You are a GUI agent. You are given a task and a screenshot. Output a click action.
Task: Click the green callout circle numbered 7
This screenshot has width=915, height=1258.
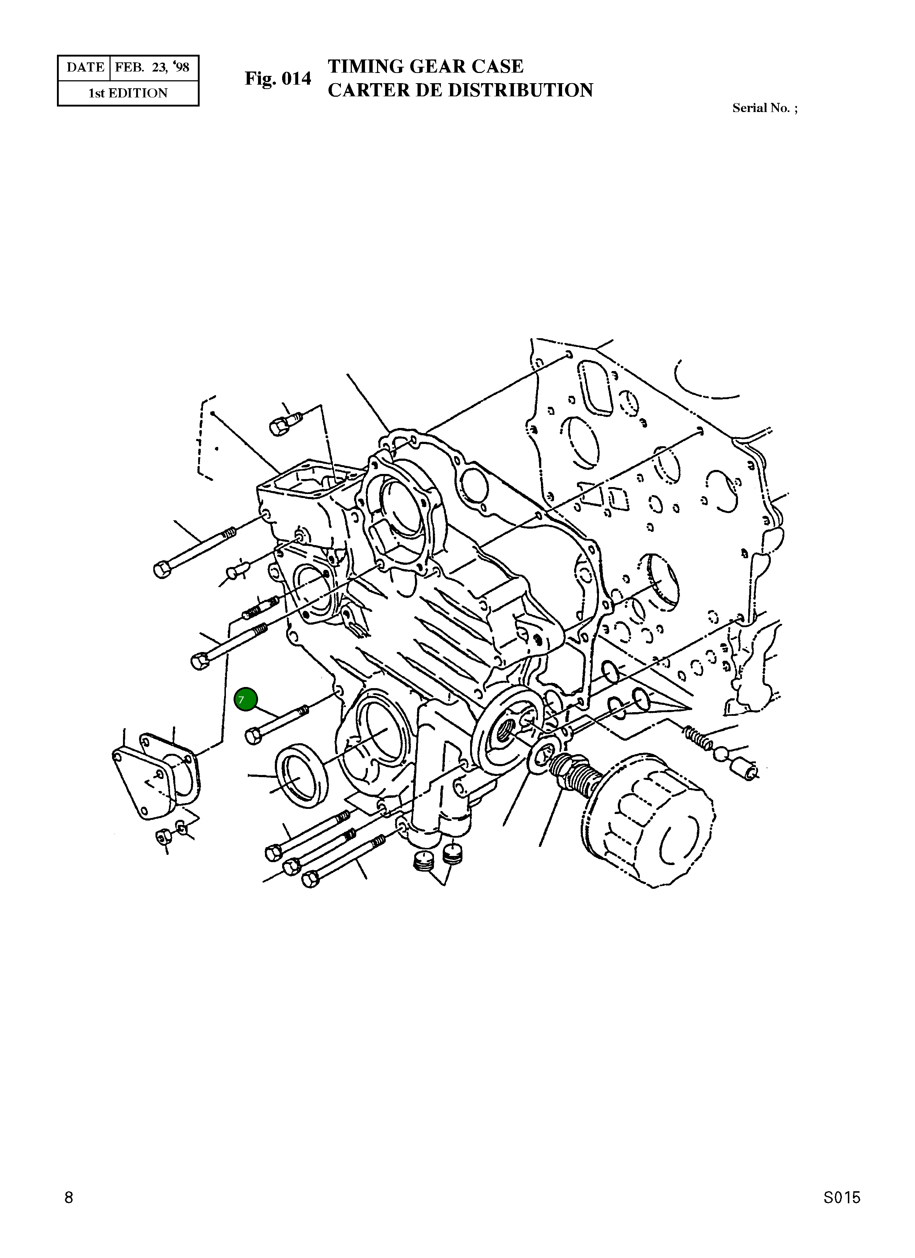[245, 699]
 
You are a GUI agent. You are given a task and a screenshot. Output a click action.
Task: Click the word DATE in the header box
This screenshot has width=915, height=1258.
[85, 67]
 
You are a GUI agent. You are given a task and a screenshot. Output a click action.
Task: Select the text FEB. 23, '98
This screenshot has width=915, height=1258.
[152, 67]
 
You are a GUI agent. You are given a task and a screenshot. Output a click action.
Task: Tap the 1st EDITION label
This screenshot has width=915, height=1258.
[128, 93]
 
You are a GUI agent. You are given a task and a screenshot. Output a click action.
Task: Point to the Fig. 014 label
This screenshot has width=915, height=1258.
[278, 79]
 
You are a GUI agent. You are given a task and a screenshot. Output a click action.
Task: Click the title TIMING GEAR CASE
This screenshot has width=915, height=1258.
[426, 66]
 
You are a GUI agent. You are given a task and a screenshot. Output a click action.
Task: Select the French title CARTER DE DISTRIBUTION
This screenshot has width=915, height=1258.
[461, 90]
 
